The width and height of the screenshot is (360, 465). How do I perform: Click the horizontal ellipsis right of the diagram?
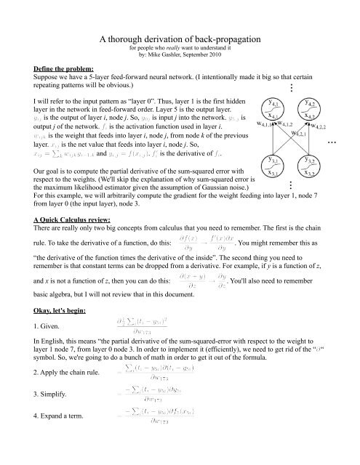(353, 143)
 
